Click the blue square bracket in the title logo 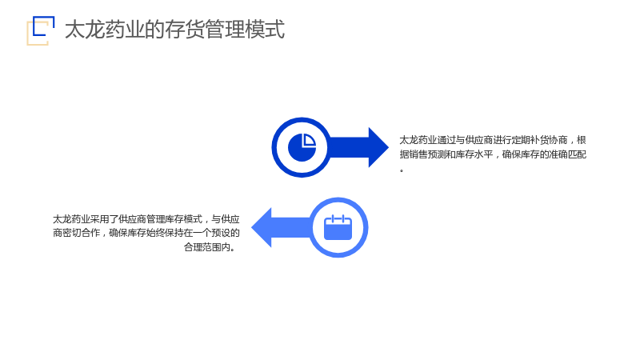pyautogui.click(x=34, y=26)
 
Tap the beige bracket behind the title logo pyautogui.click(x=28, y=37)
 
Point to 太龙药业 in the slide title pyautogui.click(x=105, y=30)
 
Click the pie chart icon pyautogui.click(x=302, y=147)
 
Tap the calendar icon pyautogui.click(x=338, y=227)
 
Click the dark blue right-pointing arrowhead pyautogui.click(x=378, y=147)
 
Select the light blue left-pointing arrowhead pyautogui.click(x=262, y=227)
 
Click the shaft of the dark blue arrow pyautogui.click(x=349, y=147)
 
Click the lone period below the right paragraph pyautogui.click(x=402, y=170)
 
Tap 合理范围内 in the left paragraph pyautogui.click(x=207, y=247)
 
